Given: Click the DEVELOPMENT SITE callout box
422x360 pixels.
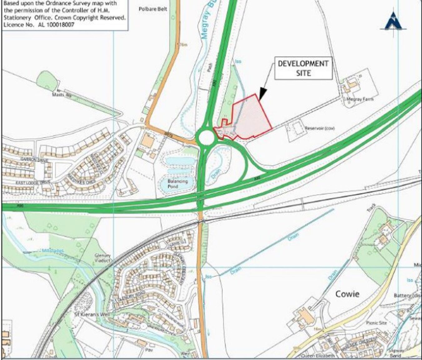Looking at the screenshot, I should tap(303, 68).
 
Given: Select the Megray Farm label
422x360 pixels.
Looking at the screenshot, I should tap(360, 99).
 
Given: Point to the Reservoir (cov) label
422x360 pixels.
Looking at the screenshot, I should tap(320, 128).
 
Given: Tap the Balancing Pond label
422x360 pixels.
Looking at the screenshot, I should tap(177, 184).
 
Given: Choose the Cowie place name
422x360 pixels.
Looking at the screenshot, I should tap(347, 294).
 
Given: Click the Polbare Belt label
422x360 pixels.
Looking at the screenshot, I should tap(153, 9).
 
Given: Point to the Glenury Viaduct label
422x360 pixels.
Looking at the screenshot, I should tap(103, 258).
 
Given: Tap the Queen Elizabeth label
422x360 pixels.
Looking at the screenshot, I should tap(318, 356).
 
